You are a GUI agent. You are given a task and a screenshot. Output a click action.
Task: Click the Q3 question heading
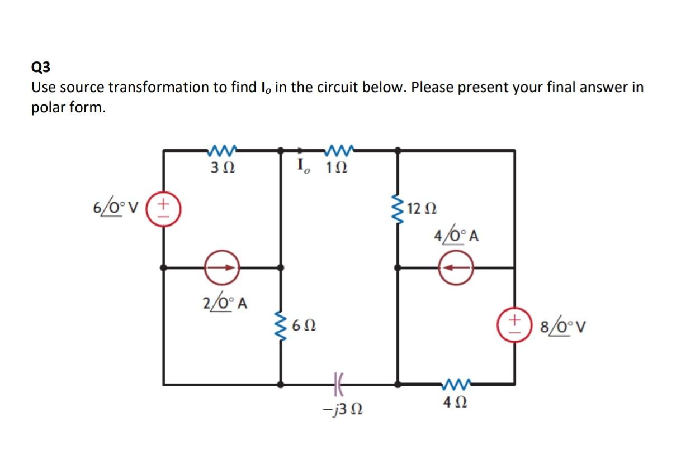pos(41,68)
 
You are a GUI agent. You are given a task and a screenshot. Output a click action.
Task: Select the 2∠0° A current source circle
pos(222,268)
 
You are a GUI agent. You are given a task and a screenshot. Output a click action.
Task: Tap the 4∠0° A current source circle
pos(456,268)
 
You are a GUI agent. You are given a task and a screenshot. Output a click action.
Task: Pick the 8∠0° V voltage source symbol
pos(514,325)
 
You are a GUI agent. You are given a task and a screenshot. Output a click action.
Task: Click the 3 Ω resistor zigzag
pos(223,150)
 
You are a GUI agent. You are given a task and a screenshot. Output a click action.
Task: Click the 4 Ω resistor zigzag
pos(457,384)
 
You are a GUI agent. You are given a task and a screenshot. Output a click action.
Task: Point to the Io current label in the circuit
pos(304,166)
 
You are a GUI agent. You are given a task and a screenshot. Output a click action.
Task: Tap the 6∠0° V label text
pos(118,209)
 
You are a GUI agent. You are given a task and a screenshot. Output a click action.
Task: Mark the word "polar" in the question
pos(49,108)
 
